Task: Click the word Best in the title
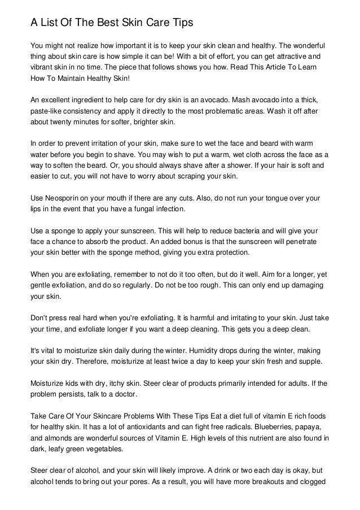pos(100,23)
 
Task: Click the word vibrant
pos(42,68)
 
